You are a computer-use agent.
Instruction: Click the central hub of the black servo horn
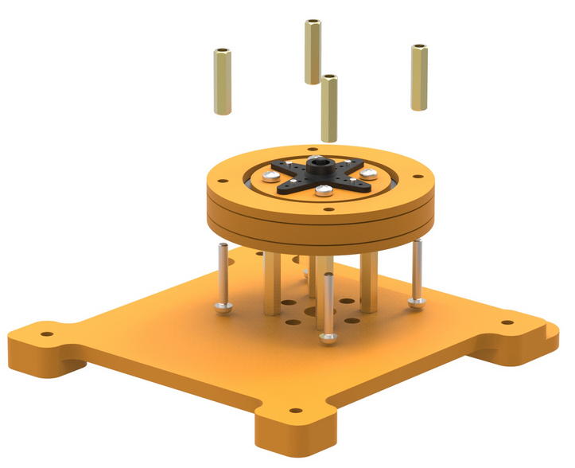[321, 168]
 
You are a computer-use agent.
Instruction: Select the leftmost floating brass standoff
[222, 81]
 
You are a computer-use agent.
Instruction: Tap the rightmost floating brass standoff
[419, 77]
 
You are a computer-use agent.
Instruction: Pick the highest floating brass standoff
[313, 51]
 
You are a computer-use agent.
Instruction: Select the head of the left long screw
[223, 307]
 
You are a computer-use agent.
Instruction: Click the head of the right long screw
[417, 302]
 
